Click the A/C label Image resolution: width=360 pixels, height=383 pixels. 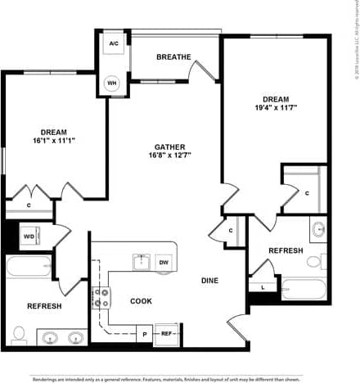(113, 42)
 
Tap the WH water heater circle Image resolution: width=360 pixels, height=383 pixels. (113, 83)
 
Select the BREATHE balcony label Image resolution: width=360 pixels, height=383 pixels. (173, 56)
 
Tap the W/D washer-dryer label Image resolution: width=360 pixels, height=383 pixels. (28, 237)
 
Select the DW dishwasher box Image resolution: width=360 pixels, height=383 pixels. (164, 262)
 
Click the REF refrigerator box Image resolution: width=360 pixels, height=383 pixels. (166, 333)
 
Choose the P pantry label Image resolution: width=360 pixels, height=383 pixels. (144, 334)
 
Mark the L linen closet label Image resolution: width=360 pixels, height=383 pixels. (262, 288)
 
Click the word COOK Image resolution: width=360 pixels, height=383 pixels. (141, 301)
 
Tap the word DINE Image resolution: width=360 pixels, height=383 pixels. (210, 281)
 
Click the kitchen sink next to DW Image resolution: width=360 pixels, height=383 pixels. (141, 262)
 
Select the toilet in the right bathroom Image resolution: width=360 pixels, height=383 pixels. (315, 262)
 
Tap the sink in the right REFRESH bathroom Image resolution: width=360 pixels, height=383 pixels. (317, 228)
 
